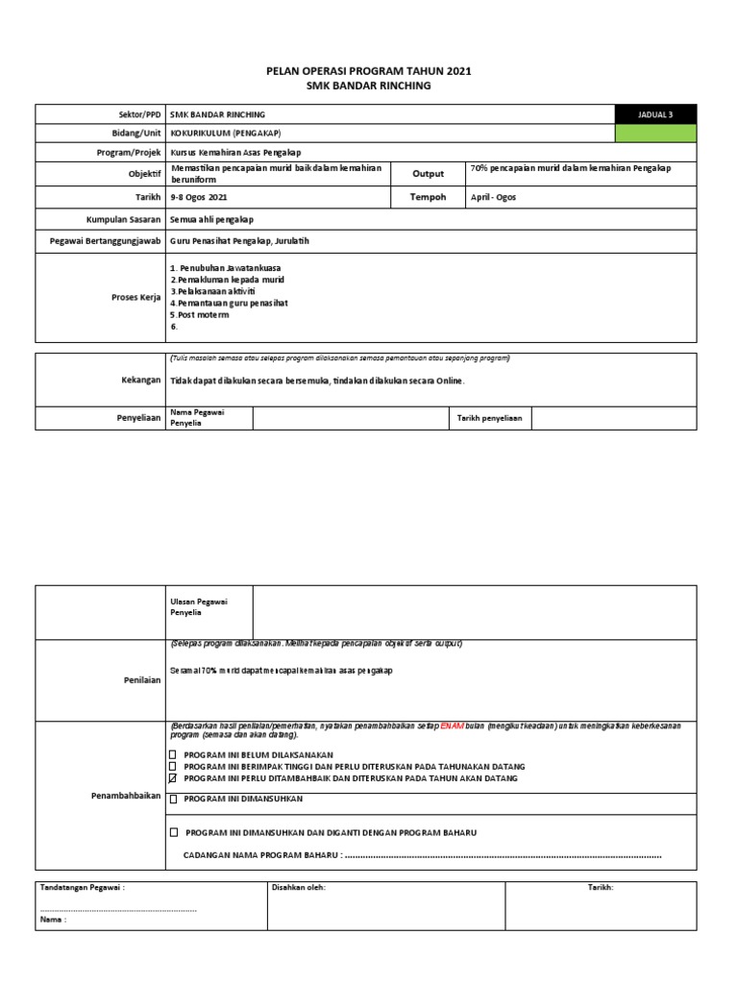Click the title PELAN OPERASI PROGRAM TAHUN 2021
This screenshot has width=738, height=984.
coord(369,71)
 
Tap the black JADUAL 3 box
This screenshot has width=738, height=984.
coord(655,114)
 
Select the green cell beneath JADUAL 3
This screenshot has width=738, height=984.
coord(655,133)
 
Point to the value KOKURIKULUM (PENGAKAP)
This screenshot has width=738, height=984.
coord(226,133)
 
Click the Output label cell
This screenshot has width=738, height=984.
coord(429,174)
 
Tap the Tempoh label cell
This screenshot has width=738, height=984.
coord(429,197)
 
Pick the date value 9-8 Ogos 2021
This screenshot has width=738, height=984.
coord(199,197)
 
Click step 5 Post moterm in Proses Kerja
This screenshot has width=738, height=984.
coord(200,314)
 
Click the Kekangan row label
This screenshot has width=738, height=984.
coord(140,381)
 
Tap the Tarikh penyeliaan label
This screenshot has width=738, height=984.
coord(489,419)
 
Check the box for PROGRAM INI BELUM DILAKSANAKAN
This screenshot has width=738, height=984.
coord(173,754)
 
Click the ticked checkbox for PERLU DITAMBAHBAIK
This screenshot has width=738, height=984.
coord(173,778)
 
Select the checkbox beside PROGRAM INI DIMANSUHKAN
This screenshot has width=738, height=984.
coord(173,799)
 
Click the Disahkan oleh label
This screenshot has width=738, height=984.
coord(299,888)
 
